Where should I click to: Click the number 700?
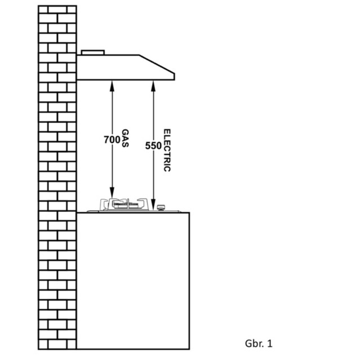(112, 139)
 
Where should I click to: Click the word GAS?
(125, 139)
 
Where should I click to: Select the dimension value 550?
(153, 145)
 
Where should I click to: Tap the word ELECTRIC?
(166, 150)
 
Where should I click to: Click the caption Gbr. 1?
(259, 342)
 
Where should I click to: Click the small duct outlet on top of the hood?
(93, 52)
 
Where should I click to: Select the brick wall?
(57, 180)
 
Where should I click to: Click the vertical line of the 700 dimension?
(112, 169)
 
